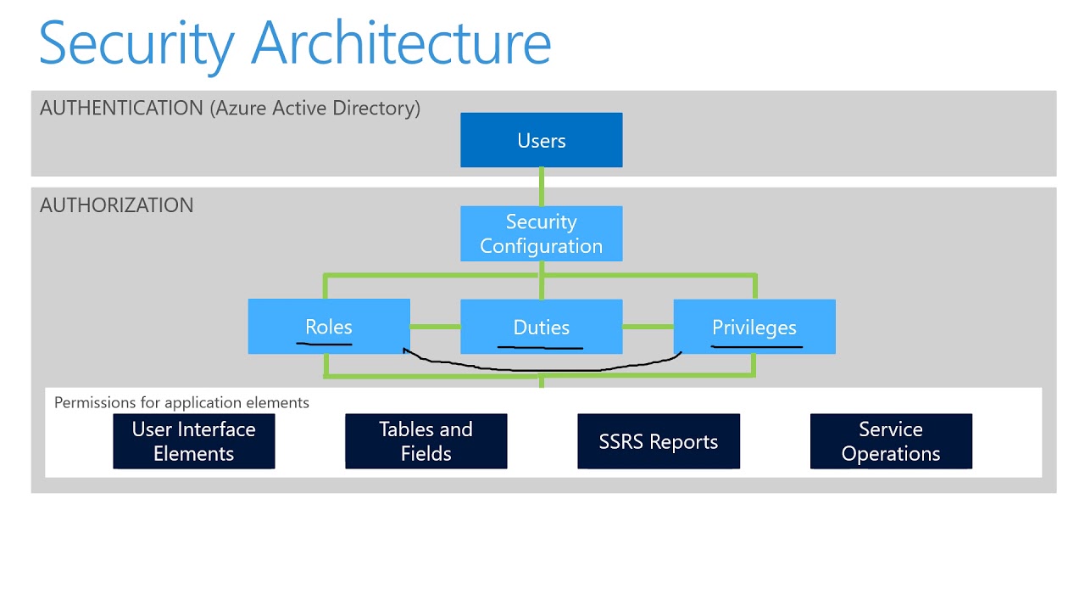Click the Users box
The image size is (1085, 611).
coord(541,140)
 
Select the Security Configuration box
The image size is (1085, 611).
coord(541,234)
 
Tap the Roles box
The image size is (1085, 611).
coord(329,327)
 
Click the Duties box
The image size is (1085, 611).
coord(541,327)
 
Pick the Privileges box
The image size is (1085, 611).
coord(754,327)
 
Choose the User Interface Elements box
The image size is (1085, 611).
coord(193,441)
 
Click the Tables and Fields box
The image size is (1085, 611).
coord(426,441)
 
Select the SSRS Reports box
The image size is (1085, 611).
coord(658,441)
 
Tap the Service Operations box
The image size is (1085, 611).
coord(890,441)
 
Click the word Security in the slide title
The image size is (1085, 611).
coord(136,42)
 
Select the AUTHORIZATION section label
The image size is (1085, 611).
coord(116,205)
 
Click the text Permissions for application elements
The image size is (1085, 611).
coord(181,402)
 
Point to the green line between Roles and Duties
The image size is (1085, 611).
coord(435,327)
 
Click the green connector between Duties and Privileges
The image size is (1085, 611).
coord(648,327)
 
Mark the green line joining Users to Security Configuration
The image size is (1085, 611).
coord(541,187)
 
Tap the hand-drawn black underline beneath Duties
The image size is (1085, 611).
coord(540,347)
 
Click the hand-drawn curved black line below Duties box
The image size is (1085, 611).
coord(542,370)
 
